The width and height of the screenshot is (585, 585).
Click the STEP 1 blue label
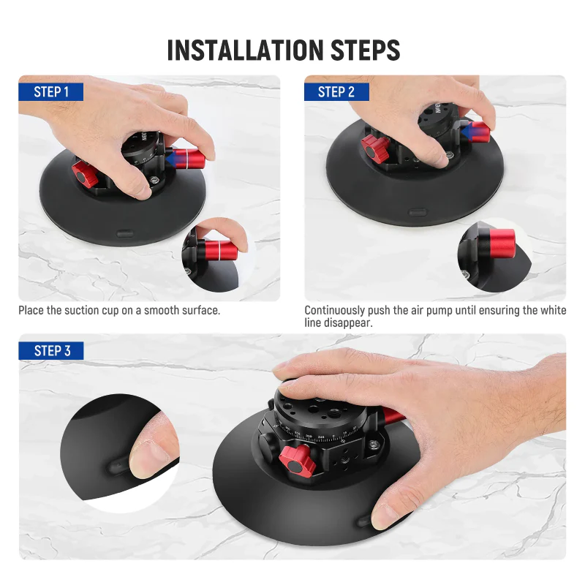[50, 92]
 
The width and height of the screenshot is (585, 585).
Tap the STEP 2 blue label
[336, 92]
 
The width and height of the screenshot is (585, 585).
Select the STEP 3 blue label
[51, 351]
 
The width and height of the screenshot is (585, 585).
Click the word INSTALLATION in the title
[245, 50]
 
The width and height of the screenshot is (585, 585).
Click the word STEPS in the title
[365, 50]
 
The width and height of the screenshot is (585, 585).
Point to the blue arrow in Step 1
[175, 159]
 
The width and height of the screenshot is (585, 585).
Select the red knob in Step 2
[375, 149]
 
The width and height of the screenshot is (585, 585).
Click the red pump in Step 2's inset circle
[502, 244]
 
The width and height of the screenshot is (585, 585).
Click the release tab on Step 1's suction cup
[125, 234]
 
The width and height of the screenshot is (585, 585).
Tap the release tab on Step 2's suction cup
[418, 213]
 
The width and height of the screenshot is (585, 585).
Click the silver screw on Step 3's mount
[373, 445]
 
